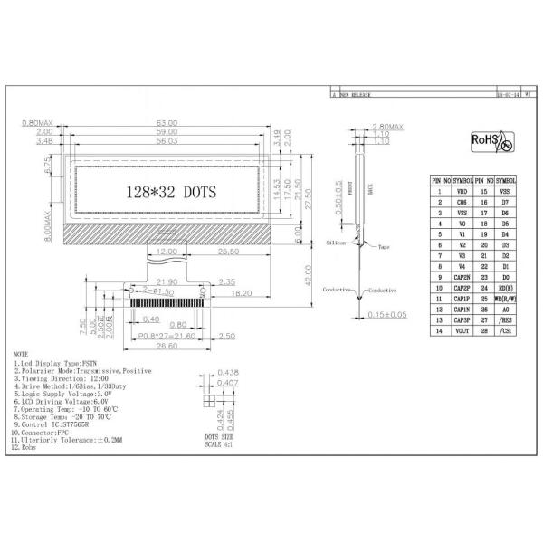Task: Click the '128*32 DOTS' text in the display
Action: [x=168, y=192]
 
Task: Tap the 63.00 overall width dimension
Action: [x=167, y=123]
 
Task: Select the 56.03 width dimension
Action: [x=167, y=142]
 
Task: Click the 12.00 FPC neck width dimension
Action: [x=167, y=252]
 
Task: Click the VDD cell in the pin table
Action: [x=462, y=191]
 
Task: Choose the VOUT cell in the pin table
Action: [x=462, y=331]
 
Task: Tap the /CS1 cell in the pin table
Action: [x=506, y=331]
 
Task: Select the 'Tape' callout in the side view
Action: [x=384, y=246]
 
